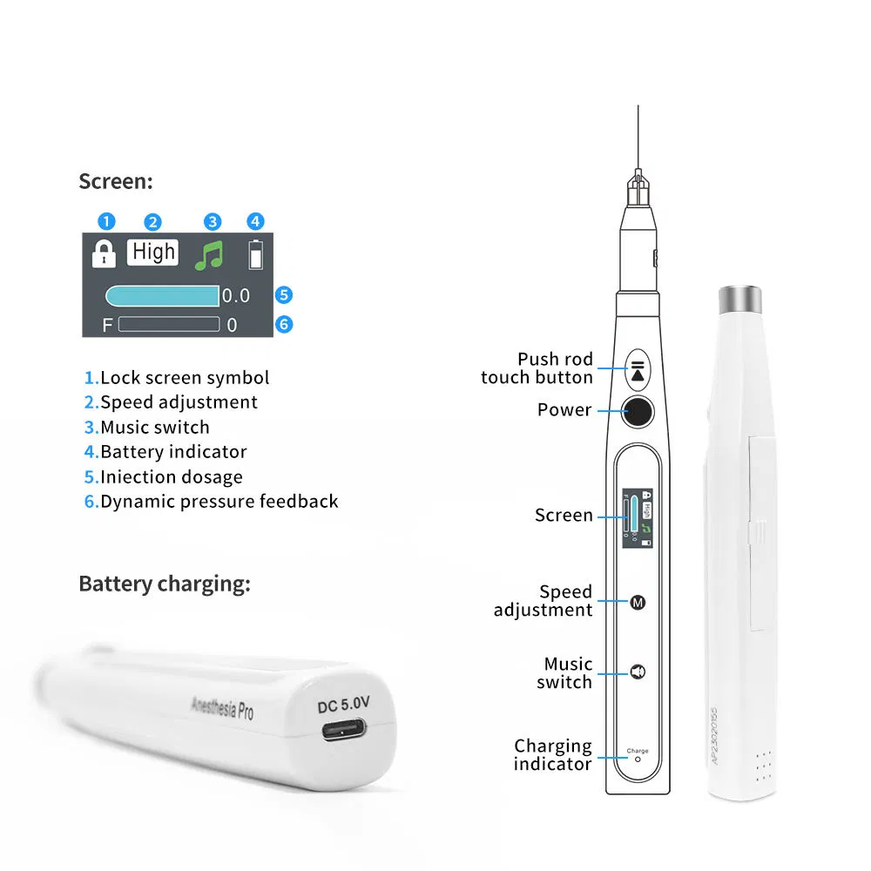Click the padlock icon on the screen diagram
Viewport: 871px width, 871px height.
coord(105,254)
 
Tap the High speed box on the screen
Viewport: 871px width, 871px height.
coord(154,253)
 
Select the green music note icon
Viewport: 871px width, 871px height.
coord(209,254)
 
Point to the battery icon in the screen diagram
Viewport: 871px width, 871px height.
coord(255,254)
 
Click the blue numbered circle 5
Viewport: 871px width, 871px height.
coord(283,295)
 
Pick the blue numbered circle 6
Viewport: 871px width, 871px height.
coord(283,325)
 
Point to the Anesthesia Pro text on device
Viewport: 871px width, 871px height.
coord(222,706)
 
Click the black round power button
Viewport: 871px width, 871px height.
coord(638,411)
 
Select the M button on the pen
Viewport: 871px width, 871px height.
coord(637,602)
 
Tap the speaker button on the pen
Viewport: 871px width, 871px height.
coord(637,672)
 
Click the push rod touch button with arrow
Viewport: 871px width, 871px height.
coord(638,368)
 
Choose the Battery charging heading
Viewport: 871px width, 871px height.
coord(164,584)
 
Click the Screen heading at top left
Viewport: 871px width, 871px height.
coord(115,181)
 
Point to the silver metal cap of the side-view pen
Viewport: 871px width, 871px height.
coord(741,300)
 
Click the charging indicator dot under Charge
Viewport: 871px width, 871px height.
coord(637,759)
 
